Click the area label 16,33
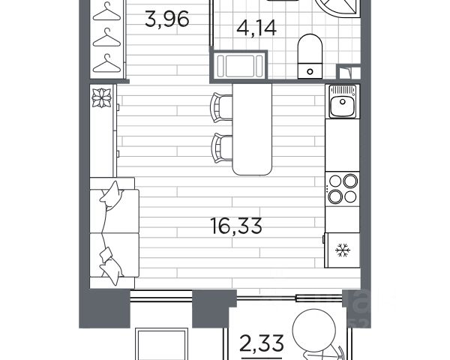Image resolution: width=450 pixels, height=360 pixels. click(x=236, y=226)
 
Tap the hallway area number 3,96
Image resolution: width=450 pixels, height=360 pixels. click(x=166, y=19)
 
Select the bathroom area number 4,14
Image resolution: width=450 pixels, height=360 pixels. click(x=256, y=28)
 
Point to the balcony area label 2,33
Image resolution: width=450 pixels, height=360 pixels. click(x=262, y=343)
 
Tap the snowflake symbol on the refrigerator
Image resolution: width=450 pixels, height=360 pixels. click(x=343, y=250)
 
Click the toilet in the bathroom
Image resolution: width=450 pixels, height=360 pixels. click(x=310, y=56)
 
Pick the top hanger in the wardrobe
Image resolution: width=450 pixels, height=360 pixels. click(x=106, y=11)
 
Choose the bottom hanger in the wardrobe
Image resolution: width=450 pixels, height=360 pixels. click(x=106, y=64)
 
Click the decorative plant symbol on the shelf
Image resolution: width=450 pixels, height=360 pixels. click(x=101, y=97)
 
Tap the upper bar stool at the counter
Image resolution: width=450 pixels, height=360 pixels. click(x=221, y=107)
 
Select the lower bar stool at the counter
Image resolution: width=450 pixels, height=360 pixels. click(x=221, y=148)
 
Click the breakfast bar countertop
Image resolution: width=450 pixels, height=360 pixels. click(x=252, y=129)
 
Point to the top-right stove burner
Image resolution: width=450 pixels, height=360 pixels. click(x=350, y=181)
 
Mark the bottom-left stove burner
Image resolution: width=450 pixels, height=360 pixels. click(x=335, y=197)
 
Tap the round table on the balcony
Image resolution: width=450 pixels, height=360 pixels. click(x=314, y=329)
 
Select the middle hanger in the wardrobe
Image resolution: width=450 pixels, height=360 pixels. click(x=106, y=37)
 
